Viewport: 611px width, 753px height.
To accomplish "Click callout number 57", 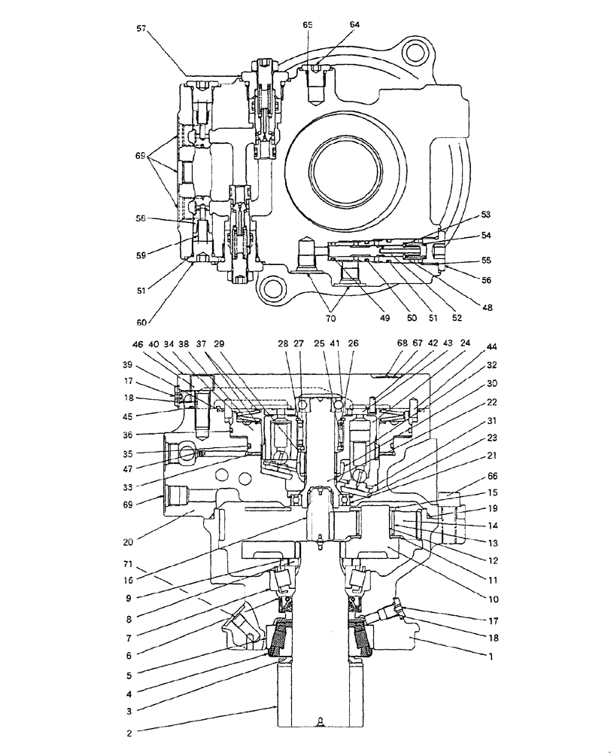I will tap(141, 28).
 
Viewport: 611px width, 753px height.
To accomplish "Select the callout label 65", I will tap(308, 25).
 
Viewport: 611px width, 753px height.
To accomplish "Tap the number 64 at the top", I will tap(355, 24).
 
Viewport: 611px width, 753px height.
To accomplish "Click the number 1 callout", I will tap(492, 657).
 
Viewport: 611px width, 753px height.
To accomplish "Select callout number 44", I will tap(492, 347).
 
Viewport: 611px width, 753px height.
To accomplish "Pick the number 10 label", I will tap(492, 600).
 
